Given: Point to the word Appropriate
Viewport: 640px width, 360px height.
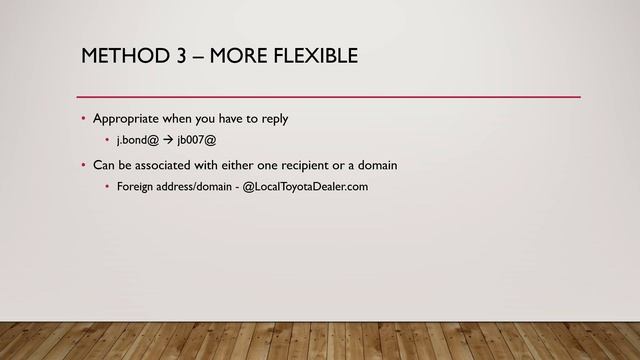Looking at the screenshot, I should pos(127,119).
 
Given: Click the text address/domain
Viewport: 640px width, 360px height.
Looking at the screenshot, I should pos(196,186).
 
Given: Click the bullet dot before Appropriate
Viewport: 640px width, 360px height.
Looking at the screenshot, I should pos(84,120).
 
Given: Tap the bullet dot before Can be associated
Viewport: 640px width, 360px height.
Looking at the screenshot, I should pos(84,165).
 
